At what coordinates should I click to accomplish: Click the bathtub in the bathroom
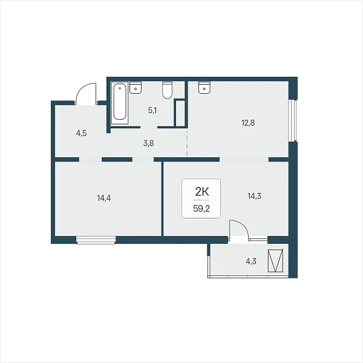pos(120,103)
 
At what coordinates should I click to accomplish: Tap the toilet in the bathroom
pos(167,90)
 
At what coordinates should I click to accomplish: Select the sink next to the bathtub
pos(136,88)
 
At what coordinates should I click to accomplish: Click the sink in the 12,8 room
pos(204,88)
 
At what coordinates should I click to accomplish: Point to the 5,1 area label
pos(152,111)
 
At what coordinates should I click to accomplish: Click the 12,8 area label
pos(248,123)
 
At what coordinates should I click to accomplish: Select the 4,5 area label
pos(81,133)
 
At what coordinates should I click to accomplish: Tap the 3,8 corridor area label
pos(148,143)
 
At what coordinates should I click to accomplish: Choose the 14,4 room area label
pos(104,198)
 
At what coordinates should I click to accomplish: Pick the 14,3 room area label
pos(255,196)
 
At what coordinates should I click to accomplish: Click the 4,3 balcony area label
pos(251,261)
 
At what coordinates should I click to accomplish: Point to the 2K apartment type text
pos(202,191)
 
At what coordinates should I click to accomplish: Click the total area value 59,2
pos(201,209)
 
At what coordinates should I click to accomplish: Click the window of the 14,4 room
pos(96,240)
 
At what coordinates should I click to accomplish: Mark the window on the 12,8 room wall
pos(293,120)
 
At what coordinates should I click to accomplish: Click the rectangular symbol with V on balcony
pos(275,260)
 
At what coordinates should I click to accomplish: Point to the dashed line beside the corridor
pos(187,143)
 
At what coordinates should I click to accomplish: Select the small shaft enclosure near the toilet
pos(180,113)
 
